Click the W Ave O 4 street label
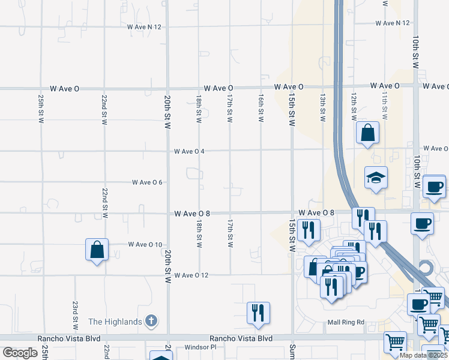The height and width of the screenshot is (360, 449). click(189, 151)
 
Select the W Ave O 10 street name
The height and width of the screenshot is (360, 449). click(145, 244)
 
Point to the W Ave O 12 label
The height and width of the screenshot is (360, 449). click(191, 275)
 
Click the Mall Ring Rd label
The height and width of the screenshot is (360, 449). click(346, 322)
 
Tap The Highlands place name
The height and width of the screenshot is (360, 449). click(115, 322)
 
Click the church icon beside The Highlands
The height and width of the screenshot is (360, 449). click(152, 321)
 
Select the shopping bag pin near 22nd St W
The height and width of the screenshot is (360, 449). click(97, 250)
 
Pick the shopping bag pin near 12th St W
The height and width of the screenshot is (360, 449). click(367, 133)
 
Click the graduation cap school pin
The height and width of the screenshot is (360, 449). click(376, 178)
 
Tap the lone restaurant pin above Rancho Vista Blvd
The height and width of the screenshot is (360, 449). click(258, 313)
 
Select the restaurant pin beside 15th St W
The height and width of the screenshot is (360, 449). click(309, 230)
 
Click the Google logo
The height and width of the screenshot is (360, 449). click(20, 353)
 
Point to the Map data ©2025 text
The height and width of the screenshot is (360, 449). click(424, 355)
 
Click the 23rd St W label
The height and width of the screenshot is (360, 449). click(76, 316)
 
